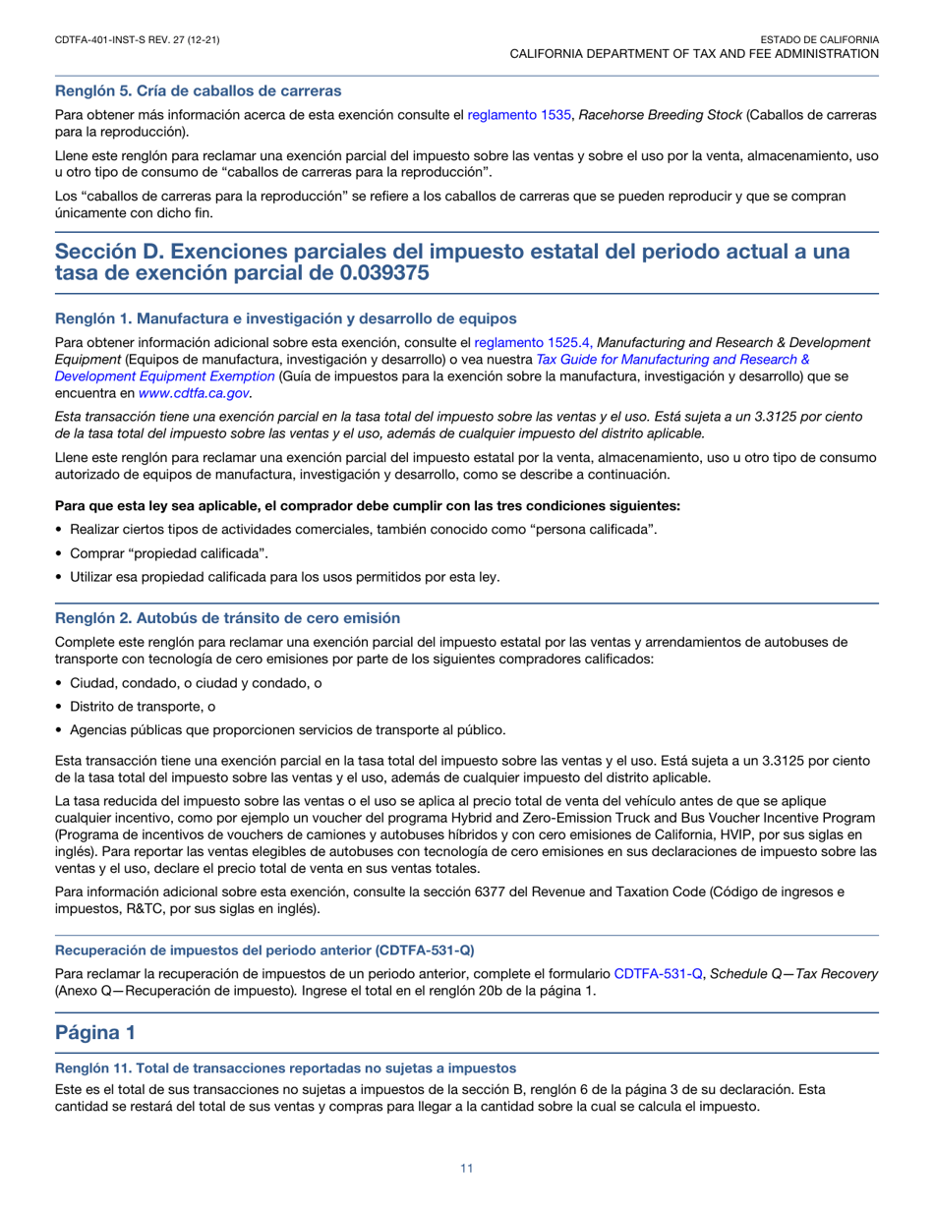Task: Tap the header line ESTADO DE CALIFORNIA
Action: click(x=819, y=38)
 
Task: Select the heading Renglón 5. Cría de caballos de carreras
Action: click(x=198, y=90)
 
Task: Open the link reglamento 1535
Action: click(x=519, y=115)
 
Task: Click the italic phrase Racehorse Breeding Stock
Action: click(x=660, y=115)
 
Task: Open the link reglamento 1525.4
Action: click(x=534, y=342)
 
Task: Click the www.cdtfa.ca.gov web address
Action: click(x=195, y=392)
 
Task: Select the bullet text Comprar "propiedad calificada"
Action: click(x=168, y=553)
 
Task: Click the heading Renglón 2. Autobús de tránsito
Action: click(x=227, y=617)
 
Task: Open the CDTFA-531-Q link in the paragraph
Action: click(x=658, y=973)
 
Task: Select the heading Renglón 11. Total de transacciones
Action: click(x=285, y=1066)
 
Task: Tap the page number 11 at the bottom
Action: click(x=466, y=1168)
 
